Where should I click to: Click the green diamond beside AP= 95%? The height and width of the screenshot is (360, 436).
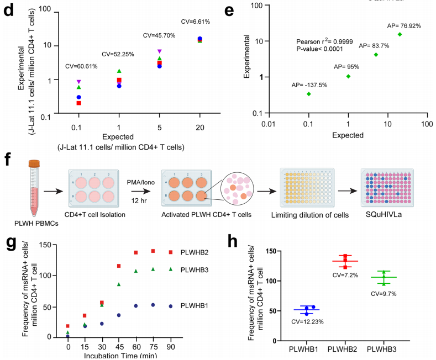pos(348,76)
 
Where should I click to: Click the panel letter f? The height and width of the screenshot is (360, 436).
pos(8,160)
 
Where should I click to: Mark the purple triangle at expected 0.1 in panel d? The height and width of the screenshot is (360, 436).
pos(79,82)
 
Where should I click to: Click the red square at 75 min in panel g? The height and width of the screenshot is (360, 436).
pos(153,251)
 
